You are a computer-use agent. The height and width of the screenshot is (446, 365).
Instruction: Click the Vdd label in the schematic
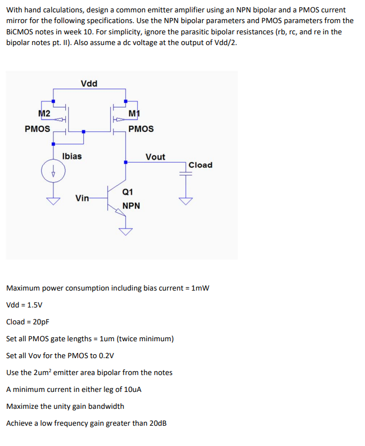point(89,84)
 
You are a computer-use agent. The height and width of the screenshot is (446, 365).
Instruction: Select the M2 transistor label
point(44,114)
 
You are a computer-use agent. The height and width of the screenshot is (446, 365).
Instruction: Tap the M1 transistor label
point(134,115)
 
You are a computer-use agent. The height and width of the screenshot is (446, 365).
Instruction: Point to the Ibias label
point(72,156)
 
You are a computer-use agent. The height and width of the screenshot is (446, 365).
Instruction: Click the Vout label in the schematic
point(155,157)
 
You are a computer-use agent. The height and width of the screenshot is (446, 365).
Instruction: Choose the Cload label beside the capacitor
point(200,165)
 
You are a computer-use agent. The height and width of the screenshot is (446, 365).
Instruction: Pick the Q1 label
point(128,191)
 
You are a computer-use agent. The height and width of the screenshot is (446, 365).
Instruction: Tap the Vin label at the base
point(82,198)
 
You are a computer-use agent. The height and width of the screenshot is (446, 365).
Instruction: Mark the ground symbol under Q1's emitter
point(126,231)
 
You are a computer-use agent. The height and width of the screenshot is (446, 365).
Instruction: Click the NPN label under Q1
point(131,206)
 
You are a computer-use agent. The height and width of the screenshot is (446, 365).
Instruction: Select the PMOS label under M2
point(38,129)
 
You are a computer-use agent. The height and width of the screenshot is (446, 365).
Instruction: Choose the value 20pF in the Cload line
point(38,322)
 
